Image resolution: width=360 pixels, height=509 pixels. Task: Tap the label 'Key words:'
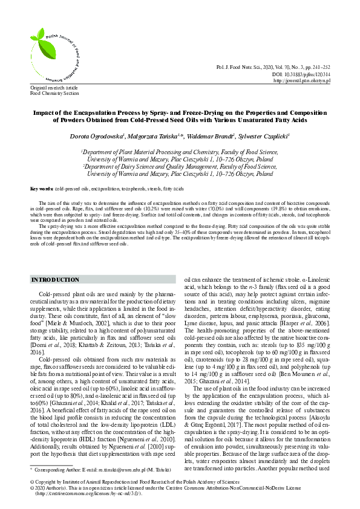(42, 189)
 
